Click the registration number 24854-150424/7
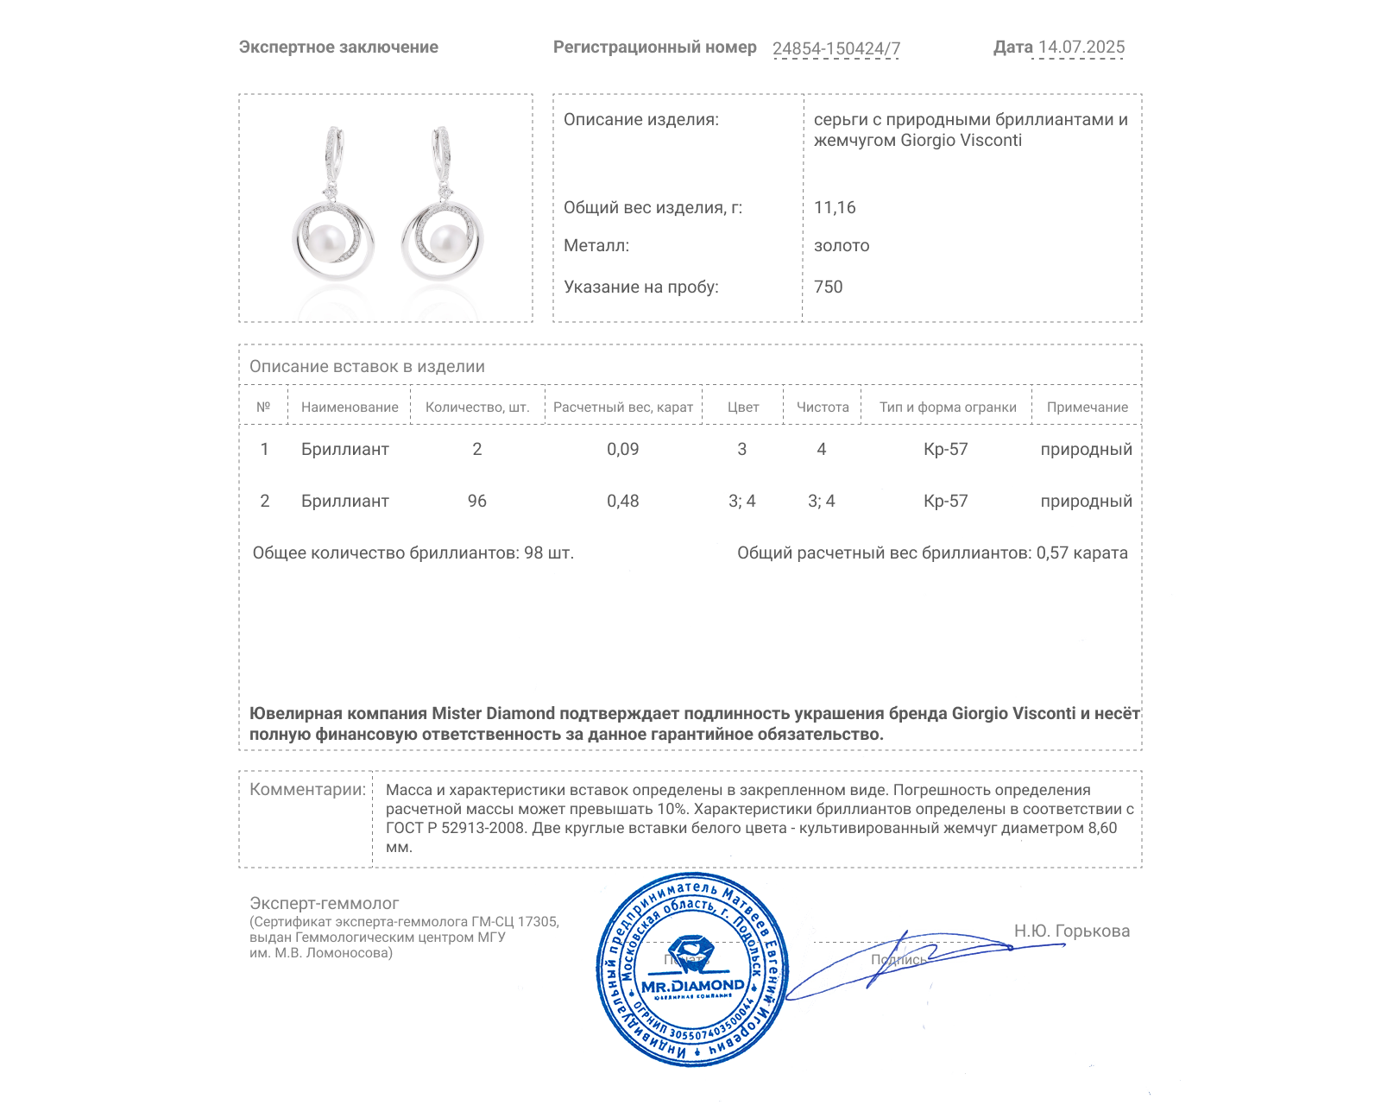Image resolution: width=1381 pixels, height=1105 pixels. pos(836,48)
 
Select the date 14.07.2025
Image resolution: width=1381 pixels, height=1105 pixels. pos(1081,47)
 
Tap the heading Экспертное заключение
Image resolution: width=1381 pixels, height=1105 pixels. pos(338,47)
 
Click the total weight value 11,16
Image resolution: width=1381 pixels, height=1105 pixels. pos(835,207)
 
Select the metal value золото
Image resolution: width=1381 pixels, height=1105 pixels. pos(842,245)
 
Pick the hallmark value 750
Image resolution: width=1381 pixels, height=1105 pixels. pos(828,287)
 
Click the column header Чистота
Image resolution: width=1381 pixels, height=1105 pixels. pos(823,407)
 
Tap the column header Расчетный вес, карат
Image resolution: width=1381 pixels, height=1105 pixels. pos(623,407)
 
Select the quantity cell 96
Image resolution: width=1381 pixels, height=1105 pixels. pos(477,501)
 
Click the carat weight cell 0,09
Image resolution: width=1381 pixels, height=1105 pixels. pos(623,449)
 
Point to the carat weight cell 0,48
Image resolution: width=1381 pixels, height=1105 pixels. pos(623,501)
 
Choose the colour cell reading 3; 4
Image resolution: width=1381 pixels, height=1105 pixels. pos(742,501)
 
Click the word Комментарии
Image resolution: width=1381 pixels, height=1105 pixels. pos(307,789)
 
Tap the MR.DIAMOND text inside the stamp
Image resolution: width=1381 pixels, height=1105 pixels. pos(692,986)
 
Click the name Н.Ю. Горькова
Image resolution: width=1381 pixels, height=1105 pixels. pos(1072,931)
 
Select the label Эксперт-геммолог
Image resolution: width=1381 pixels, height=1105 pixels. pos(325,903)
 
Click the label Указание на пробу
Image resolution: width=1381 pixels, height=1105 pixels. pos(641,287)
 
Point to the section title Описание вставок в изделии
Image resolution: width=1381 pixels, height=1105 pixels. pos(367,366)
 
